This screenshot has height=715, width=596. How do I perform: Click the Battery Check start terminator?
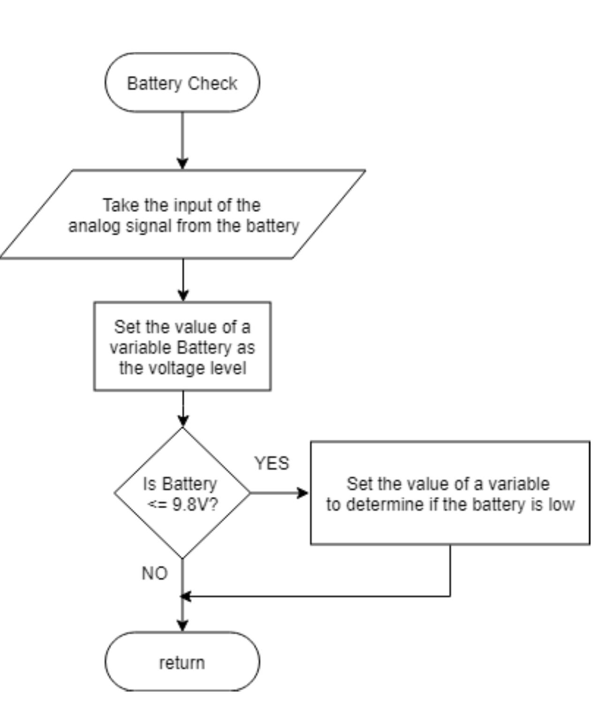(x=182, y=83)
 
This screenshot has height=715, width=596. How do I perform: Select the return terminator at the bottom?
(x=182, y=662)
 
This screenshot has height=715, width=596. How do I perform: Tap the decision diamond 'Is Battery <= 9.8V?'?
(x=182, y=493)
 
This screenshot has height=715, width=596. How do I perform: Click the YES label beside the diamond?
(x=272, y=463)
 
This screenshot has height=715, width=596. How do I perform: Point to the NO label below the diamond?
(x=154, y=573)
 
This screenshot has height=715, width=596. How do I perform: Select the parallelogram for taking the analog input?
(x=183, y=214)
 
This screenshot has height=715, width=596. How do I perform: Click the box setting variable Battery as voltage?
(x=182, y=346)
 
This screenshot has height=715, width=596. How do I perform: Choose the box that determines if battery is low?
(x=450, y=493)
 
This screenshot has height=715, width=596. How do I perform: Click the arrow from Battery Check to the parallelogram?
(x=182, y=141)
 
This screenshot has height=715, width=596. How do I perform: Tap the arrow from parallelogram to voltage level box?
(x=183, y=280)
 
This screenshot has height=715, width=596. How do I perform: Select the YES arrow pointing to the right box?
(x=279, y=493)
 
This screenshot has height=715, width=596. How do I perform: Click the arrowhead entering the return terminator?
(x=182, y=625)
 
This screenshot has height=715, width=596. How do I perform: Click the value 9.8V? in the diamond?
(x=195, y=504)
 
